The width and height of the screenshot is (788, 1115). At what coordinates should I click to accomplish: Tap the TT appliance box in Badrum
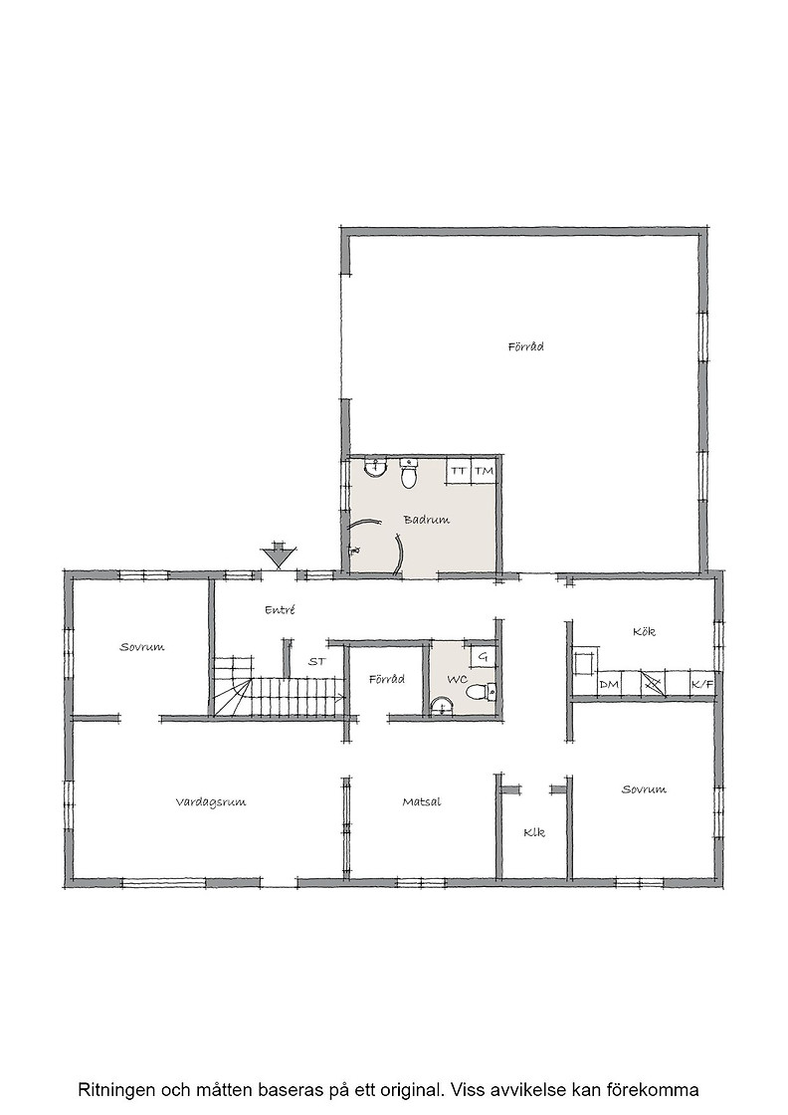tap(459, 471)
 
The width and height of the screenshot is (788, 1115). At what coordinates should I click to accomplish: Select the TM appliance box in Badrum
tap(484, 471)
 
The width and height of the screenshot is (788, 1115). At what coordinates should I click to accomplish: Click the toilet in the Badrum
tap(409, 473)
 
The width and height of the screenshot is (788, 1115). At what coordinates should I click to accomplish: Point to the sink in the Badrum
tap(374, 467)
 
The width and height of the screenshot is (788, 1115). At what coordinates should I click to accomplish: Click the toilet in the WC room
tap(480, 691)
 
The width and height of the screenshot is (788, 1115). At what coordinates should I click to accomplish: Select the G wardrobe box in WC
tap(483, 656)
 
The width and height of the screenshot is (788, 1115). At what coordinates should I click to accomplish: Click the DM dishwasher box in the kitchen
tap(608, 684)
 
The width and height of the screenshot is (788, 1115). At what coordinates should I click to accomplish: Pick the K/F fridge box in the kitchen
tap(702, 684)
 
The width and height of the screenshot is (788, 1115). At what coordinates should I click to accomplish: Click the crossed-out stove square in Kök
tap(653, 684)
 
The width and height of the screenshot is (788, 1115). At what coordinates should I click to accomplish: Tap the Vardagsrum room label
tap(211, 802)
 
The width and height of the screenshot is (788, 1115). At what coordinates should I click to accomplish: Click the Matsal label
tap(422, 802)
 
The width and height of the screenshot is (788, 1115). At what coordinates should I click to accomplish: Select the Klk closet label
tap(534, 832)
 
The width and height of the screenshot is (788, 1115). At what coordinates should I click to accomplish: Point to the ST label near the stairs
tap(317, 661)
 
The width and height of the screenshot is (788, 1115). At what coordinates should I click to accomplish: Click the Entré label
tap(280, 609)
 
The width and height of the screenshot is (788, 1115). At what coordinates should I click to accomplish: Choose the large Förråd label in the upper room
tap(525, 347)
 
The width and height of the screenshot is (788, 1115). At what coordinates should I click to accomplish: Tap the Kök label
tap(644, 631)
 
